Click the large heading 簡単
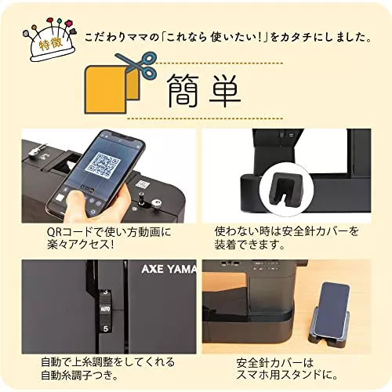(x=204, y=91)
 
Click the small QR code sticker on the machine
(x=143, y=185)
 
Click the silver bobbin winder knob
(x=156, y=203)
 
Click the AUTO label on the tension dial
(x=105, y=309)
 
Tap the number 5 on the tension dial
(x=105, y=328)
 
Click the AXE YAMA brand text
(x=169, y=269)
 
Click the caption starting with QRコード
(x=109, y=238)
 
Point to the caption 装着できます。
(x=249, y=245)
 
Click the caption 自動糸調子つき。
(x=79, y=376)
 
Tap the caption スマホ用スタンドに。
(x=287, y=375)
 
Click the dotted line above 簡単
(x=220, y=64)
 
